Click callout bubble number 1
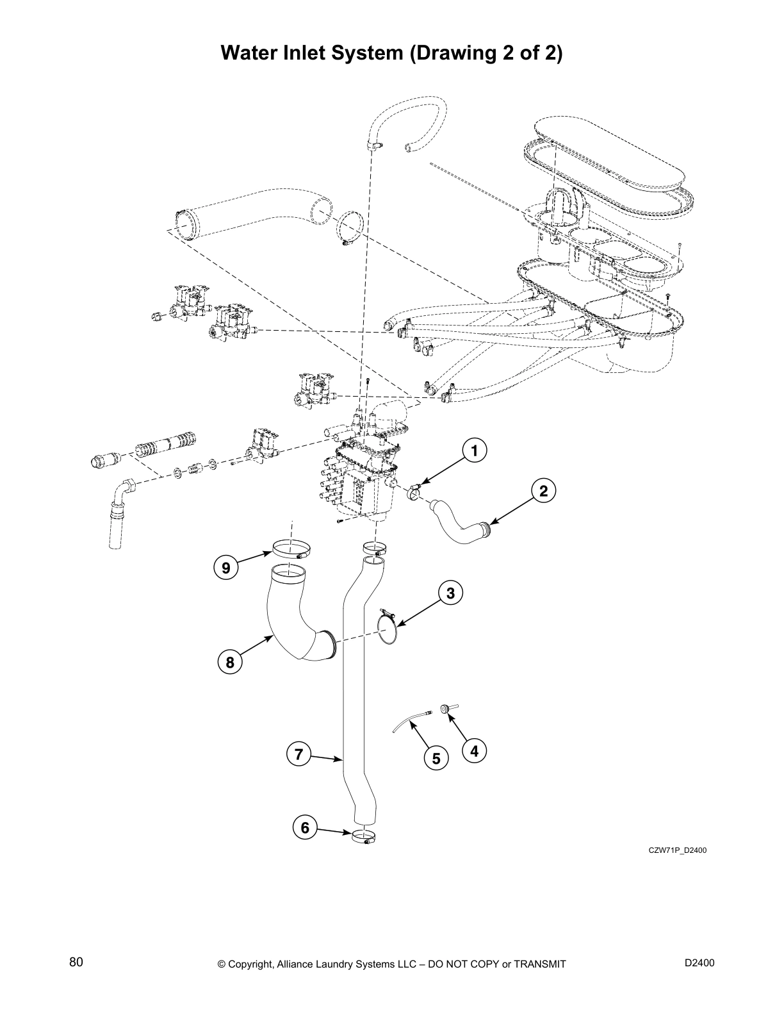coord(474,451)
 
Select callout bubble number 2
coord(543,491)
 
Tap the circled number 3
coord(450,593)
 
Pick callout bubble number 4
coord(474,750)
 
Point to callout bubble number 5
coord(436,759)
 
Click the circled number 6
coord(305,828)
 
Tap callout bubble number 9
coord(225,567)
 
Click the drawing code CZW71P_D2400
coord(677,851)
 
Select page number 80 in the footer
coord(76,962)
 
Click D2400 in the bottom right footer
coord(699,962)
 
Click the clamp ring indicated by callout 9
coord(291,550)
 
